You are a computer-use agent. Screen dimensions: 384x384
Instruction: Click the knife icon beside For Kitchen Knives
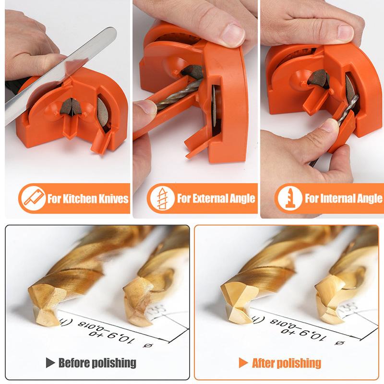pos(32,198)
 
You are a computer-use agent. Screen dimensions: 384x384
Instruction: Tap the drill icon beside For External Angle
pos(161,198)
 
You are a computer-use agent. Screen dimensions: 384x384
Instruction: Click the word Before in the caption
pos(76,362)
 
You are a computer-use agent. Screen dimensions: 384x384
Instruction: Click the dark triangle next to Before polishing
pos(50,362)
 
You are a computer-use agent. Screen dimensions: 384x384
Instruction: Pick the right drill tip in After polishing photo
pos(331,298)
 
